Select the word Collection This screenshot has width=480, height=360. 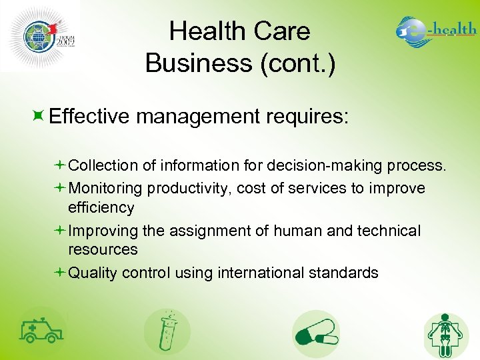(103, 165)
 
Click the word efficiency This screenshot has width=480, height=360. (101, 207)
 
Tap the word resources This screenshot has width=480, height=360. (103, 249)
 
